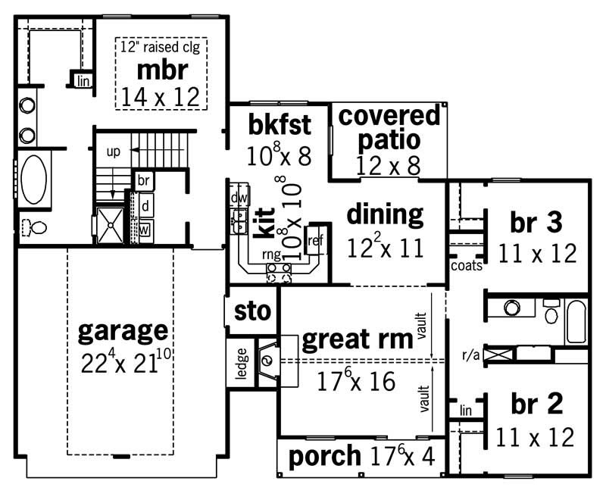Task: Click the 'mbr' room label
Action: point(162,70)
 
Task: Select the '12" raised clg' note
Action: point(164,46)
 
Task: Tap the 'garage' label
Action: point(123,330)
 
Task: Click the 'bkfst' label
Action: point(279,123)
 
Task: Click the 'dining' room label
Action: point(385,214)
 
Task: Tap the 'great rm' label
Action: point(357,340)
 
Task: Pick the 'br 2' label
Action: point(536,405)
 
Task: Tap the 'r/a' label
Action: point(470,353)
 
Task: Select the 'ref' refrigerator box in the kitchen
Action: point(314,241)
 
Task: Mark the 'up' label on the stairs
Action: point(114,152)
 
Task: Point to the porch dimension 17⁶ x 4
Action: point(408,456)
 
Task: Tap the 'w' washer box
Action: point(143,228)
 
